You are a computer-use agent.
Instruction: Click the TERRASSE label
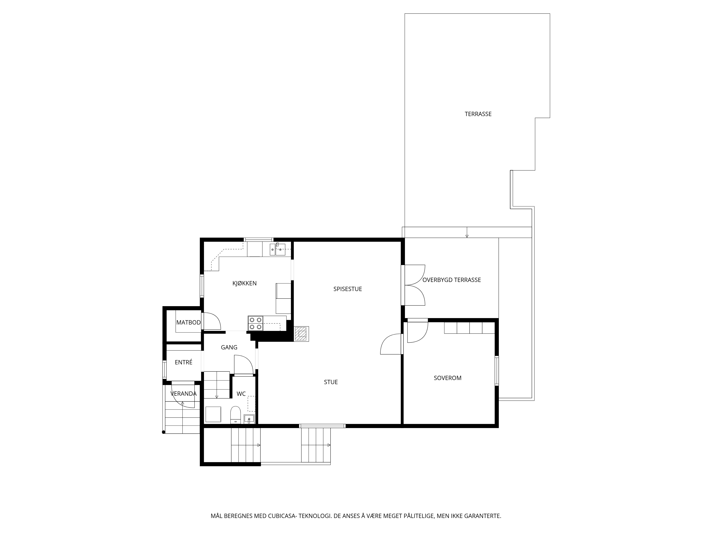478,114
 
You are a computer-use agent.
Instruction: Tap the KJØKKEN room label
245,283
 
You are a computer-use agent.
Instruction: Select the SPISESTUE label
348,289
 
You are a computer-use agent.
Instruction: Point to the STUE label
331,382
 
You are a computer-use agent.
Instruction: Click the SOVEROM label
447,378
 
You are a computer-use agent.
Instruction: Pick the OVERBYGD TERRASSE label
452,280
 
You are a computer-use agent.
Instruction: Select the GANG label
229,347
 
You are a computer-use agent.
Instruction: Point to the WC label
241,394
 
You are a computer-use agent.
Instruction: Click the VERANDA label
184,394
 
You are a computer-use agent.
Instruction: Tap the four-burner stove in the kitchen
256,323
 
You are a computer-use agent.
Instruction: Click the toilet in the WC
236,415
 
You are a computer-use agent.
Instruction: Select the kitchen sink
278,249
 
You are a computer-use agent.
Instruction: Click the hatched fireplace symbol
302,334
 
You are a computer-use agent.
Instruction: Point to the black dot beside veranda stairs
164,432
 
